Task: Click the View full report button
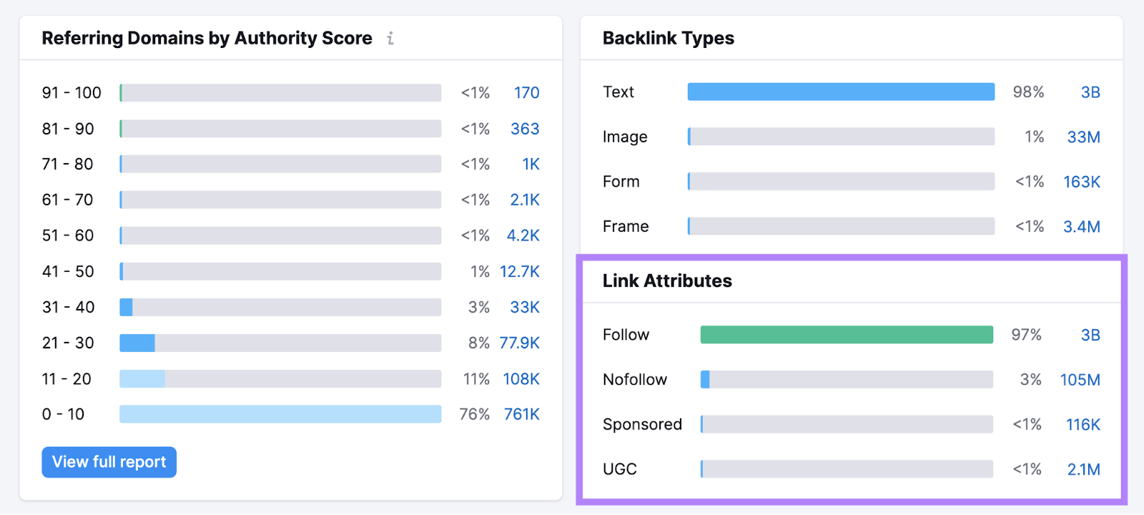109,462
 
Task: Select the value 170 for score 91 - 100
526,93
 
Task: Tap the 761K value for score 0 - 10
521,415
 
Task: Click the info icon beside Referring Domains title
390,39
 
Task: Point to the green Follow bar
847,335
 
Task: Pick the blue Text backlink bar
841,92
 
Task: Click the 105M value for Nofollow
1080,380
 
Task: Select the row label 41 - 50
68,272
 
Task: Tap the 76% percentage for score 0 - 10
474,415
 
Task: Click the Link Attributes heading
667,281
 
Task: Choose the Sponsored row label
642,425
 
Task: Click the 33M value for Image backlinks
1083,137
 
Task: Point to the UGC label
619,469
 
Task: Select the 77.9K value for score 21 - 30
519,343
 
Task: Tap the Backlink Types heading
668,39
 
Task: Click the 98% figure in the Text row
1028,92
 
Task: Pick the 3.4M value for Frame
1081,227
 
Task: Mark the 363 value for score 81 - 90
524,129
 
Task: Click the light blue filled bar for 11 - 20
142,379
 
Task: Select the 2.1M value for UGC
1083,469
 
